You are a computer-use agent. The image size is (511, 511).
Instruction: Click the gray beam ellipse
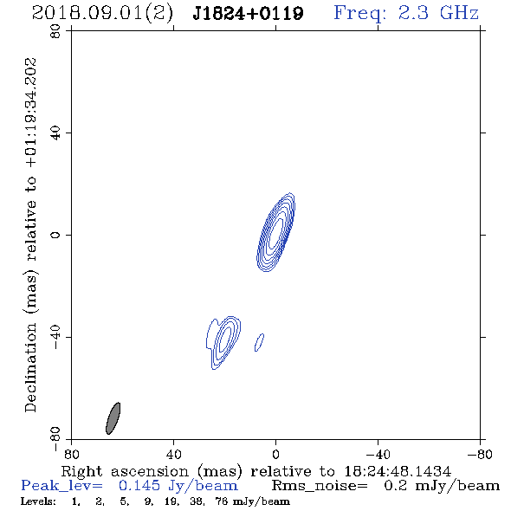pos(113,418)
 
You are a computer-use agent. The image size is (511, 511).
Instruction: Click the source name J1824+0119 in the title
pos(248,14)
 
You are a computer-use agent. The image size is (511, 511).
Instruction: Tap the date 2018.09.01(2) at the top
pos(102,14)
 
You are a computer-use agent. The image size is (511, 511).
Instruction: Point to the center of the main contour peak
pos(275,232)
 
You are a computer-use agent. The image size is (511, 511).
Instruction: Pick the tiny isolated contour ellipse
pos(259,342)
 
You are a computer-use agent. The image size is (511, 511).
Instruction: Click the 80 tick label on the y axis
pos(55,31)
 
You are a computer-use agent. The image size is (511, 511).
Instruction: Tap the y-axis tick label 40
pos(55,133)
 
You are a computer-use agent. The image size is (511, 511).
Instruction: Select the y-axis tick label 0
pos(55,235)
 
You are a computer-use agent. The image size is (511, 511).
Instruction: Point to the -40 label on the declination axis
pos(55,337)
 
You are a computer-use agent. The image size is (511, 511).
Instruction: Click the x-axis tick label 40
pos(173,455)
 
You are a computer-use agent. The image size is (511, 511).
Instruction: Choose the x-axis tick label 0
pos(275,455)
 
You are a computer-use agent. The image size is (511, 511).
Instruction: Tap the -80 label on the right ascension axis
pos(480,455)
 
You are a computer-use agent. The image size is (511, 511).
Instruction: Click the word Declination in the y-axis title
pos(30,368)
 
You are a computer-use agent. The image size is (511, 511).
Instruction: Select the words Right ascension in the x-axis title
pos(125,471)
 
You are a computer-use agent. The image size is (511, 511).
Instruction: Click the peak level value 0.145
pos(139,486)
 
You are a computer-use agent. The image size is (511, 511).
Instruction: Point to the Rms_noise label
pos(320,486)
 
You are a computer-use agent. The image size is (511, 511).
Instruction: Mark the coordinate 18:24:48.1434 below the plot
pos(398,471)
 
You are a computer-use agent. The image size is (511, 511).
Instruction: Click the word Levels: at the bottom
pos(38,501)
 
